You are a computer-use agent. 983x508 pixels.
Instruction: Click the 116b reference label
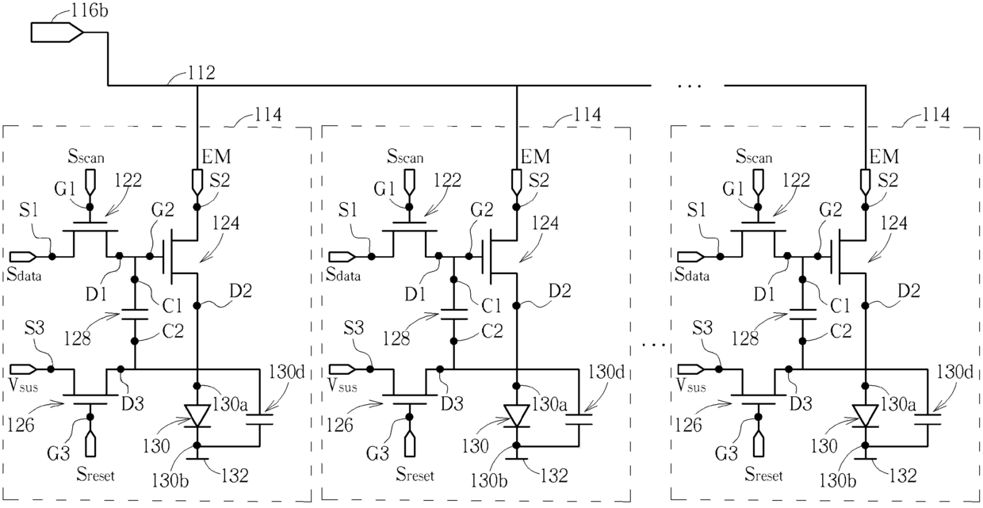[90, 11]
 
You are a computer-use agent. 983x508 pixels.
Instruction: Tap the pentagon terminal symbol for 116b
[56, 33]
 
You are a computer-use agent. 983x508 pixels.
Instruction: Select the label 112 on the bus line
[201, 73]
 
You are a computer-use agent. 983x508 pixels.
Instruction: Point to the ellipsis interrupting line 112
[690, 86]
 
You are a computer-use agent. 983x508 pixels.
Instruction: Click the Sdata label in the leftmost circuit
[24, 274]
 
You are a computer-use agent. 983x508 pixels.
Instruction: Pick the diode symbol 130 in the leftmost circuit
[197, 415]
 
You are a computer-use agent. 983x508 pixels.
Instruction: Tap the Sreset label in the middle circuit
[415, 474]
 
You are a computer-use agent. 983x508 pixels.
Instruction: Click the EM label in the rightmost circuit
[884, 156]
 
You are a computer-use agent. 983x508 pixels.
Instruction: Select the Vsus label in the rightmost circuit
[690, 385]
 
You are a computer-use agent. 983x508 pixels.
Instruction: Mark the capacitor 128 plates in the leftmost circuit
[135, 315]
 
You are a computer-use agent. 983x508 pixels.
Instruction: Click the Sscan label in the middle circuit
[405, 157]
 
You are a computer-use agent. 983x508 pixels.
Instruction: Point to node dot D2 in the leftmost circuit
[197, 305]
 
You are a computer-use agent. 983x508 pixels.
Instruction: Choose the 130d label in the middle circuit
[606, 372]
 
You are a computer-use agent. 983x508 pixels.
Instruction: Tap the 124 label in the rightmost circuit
[894, 223]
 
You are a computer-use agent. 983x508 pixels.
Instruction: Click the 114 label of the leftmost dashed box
[268, 115]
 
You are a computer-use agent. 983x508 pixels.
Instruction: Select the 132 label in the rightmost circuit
[903, 476]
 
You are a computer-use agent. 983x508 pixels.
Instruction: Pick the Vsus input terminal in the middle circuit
[342, 369]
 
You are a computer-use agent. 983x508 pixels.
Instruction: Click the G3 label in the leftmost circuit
[59, 453]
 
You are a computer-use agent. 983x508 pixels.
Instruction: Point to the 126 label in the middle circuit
[339, 425]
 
